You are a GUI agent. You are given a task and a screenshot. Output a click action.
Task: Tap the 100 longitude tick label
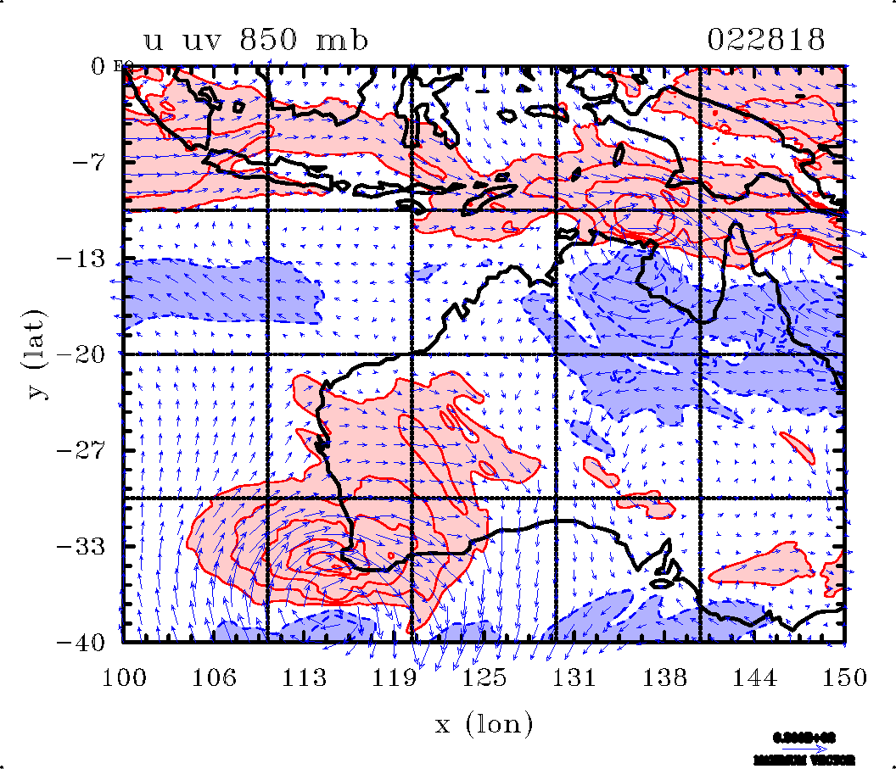[124, 677]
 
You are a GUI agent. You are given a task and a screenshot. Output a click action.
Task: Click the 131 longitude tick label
[576, 677]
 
